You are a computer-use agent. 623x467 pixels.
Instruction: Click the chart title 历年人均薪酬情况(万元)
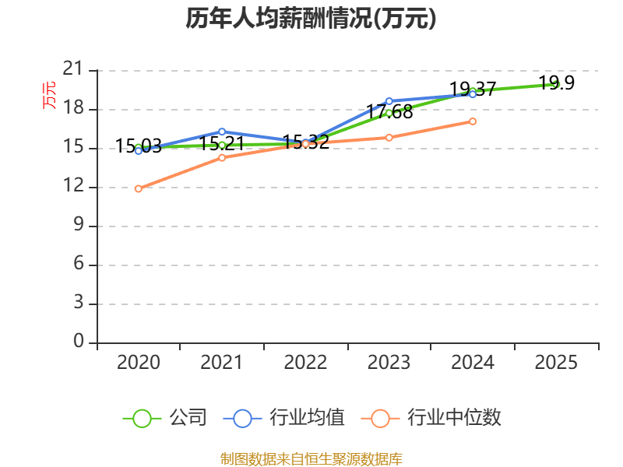point(311,19)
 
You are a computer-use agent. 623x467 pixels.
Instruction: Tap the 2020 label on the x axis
point(139,362)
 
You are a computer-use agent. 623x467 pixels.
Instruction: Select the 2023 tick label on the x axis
point(389,362)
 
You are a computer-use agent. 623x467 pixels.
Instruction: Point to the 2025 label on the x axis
point(556,362)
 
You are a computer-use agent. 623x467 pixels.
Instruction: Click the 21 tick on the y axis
point(73,70)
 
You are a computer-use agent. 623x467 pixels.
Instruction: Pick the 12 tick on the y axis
point(73,187)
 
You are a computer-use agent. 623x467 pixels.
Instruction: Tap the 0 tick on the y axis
point(79,342)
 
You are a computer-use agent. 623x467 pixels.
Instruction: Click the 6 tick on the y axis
point(79,265)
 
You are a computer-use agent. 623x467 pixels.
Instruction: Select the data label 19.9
point(556,83)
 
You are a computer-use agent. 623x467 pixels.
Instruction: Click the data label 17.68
point(389,112)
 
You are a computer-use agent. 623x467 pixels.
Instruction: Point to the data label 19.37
point(473,89)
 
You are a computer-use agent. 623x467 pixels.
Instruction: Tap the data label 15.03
point(139,146)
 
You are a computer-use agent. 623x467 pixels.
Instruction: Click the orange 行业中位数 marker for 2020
point(139,188)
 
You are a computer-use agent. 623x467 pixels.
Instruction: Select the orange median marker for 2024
point(473,121)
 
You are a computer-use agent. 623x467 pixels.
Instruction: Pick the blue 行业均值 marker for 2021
point(222,132)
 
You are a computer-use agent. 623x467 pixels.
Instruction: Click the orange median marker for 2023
point(389,138)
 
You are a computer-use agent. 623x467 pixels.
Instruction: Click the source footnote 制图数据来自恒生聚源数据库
point(311,458)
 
